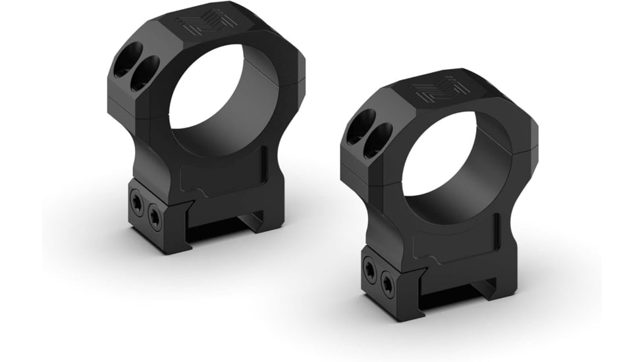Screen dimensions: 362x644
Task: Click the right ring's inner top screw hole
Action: tap(378, 140)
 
